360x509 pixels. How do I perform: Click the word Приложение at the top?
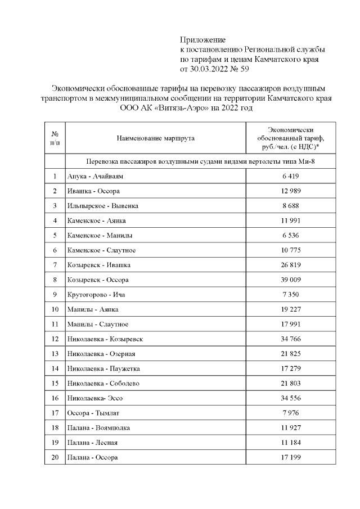tap(202, 40)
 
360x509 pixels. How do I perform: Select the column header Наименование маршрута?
tap(155, 138)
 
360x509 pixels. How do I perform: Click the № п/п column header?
tap(55, 138)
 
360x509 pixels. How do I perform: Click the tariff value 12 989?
tap(291, 191)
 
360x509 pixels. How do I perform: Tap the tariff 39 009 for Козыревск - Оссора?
tap(291, 280)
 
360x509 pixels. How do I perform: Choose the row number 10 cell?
tap(55, 309)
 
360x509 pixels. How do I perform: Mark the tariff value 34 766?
tap(291, 339)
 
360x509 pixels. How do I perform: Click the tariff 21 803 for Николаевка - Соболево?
tap(291, 383)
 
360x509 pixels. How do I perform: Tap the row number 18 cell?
tap(55, 427)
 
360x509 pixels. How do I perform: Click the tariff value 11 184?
tap(291, 442)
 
